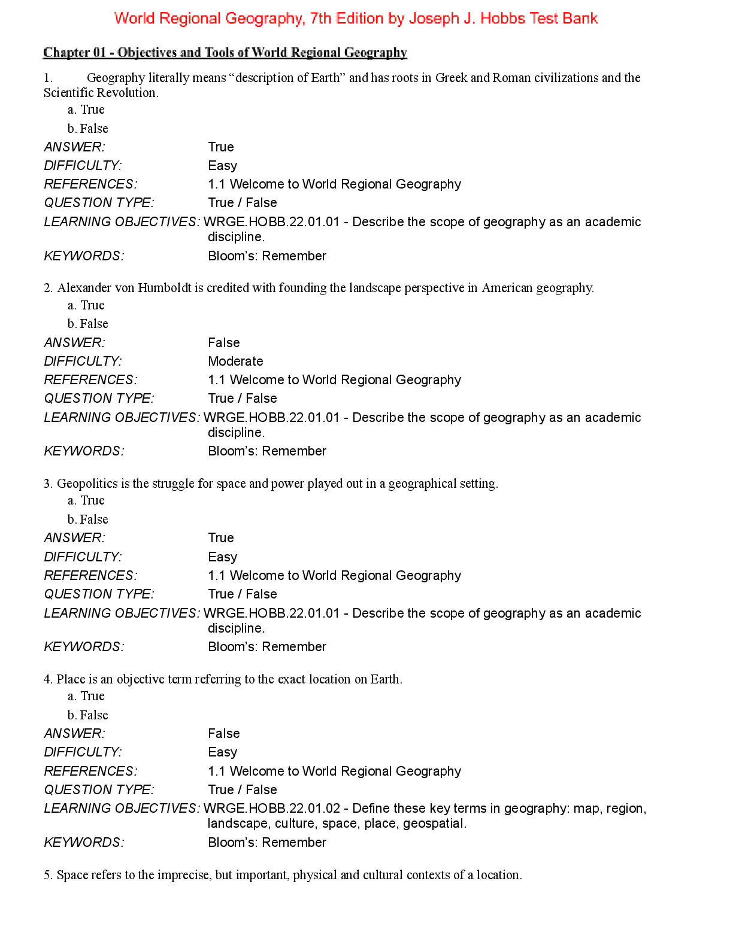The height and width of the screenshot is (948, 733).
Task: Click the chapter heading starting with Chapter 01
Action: click(225, 53)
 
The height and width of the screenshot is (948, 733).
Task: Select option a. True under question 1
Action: click(86, 110)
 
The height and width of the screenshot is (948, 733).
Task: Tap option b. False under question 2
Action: click(88, 324)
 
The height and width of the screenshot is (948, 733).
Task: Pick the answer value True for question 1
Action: click(221, 147)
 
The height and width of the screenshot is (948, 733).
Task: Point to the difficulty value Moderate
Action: click(235, 361)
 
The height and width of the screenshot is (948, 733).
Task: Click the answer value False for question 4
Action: click(224, 734)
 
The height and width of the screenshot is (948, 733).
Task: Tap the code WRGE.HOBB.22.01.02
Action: click(272, 809)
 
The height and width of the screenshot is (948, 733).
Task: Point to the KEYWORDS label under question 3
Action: click(84, 647)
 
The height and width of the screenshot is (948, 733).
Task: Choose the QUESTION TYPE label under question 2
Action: click(99, 399)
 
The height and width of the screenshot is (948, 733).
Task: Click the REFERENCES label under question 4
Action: click(90, 771)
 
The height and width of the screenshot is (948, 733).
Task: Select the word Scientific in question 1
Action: click(69, 93)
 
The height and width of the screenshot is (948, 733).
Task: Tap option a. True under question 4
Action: click(86, 696)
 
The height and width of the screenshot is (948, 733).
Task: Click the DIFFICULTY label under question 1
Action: click(83, 166)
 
